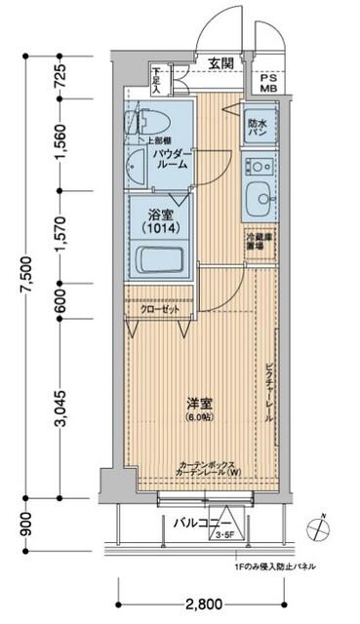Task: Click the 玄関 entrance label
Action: [220, 63]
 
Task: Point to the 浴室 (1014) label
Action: [160, 220]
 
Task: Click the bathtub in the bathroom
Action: [158, 261]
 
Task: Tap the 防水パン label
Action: [258, 124]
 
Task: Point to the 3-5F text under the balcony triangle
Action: [225, 535]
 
